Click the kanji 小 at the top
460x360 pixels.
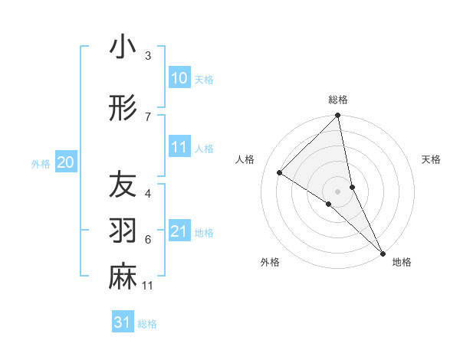point(123,48)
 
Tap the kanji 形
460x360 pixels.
point(123,108)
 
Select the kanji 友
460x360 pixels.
point(123,185)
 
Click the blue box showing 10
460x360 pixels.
point(179,78)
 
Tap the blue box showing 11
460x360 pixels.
point(179,147)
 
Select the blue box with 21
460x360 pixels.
point(179,231)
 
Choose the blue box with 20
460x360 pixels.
point(66,162)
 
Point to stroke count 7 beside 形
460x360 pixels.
point(148,116)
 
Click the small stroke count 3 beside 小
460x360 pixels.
point(148,56)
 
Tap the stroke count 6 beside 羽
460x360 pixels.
point(148,240)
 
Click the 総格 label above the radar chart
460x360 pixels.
point(338,100)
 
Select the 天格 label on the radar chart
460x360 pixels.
point(431,159)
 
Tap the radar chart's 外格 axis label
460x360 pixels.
point(270,262)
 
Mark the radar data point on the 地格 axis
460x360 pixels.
point(383,252)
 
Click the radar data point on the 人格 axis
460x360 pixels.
point(280,172)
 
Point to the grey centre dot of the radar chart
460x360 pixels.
point(338,191)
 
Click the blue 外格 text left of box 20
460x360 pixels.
point(41,163)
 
